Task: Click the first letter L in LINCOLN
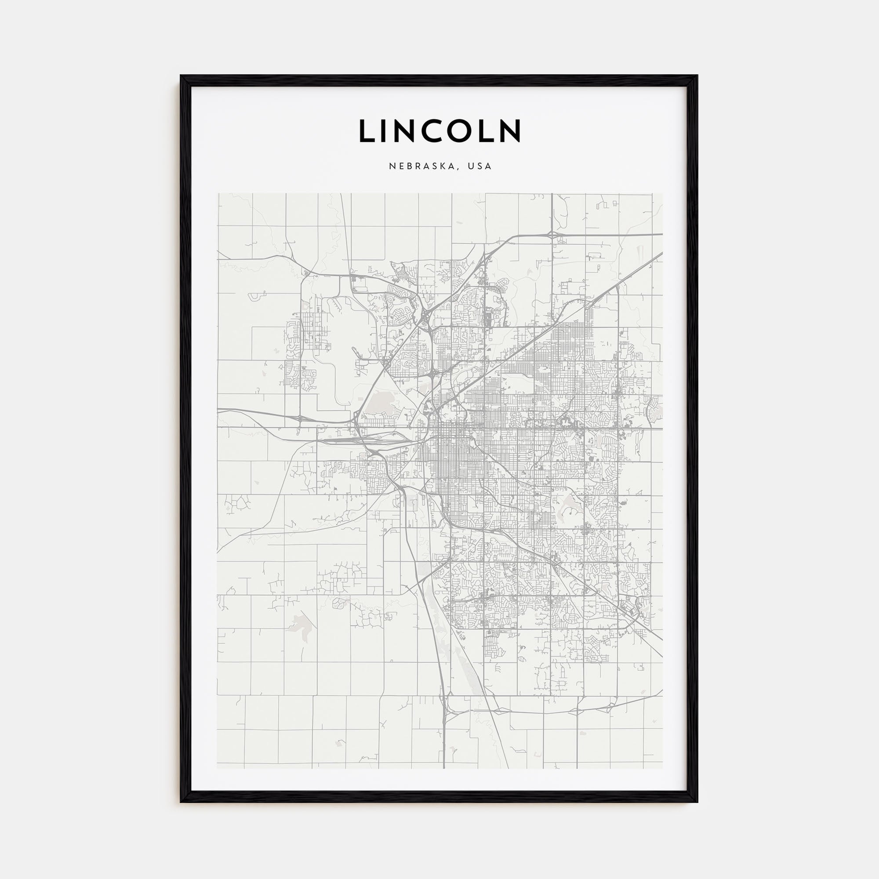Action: click(366, 131)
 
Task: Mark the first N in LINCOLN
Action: click(406, 131)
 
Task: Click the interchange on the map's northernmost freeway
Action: click(552, 234)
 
